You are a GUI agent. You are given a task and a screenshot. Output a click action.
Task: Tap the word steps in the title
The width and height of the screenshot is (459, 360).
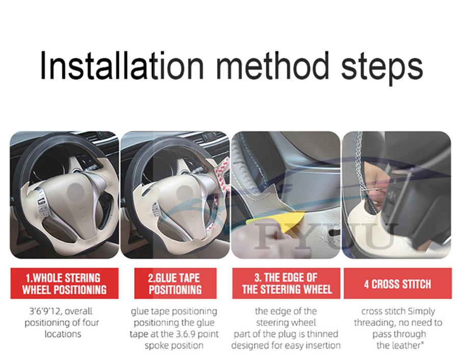tap(382, 68)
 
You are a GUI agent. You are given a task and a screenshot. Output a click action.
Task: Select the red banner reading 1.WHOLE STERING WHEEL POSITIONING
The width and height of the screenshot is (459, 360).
tap(64, 284)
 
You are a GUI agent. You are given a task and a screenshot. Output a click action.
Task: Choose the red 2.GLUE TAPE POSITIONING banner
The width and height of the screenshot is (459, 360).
tap(175, 284)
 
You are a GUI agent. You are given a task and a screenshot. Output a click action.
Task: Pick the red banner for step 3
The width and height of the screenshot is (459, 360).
tap(286, 284)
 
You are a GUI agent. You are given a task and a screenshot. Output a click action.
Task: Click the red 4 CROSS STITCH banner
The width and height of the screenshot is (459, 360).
tap(397, 284)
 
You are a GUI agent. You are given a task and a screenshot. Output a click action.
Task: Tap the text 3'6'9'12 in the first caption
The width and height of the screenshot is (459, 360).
tap(44, 311)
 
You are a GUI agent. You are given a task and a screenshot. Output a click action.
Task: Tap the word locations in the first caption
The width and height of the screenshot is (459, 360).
tap(63, 334)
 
